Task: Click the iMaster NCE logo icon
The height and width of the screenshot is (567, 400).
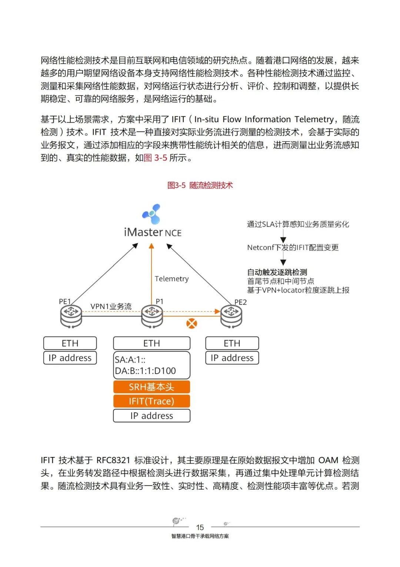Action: point(151,214)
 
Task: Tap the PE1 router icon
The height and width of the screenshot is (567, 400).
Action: point(71,316)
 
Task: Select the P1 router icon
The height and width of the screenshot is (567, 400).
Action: point(152,316)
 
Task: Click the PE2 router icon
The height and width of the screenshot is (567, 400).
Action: point(231,316)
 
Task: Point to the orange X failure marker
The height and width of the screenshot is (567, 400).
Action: point(191,324)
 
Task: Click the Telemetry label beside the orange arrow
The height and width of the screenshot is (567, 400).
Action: point(171,279)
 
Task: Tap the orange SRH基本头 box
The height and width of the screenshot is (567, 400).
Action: point(151,387)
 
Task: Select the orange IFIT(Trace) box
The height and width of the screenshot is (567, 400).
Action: point(151,401)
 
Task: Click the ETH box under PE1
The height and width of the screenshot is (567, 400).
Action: point(70,343)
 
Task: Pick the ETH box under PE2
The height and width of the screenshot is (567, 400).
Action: point(232,343)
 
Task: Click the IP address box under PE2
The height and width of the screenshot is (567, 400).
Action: point(232,358)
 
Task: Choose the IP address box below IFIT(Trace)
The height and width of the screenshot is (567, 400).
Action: point(151,416)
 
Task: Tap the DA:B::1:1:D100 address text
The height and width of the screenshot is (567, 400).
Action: point(145,371)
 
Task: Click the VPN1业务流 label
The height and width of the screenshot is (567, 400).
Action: point(111,306)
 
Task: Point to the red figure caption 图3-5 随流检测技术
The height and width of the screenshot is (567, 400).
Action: point(200,185)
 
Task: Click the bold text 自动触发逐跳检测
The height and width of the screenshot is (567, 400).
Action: point(277,272)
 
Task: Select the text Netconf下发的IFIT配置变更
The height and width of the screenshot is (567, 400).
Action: point(293,247)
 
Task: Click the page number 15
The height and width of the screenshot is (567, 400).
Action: point(200,527)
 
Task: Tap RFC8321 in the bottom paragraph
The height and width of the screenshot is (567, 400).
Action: point(113,460)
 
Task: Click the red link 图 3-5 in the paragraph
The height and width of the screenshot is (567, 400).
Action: point(155,158)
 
